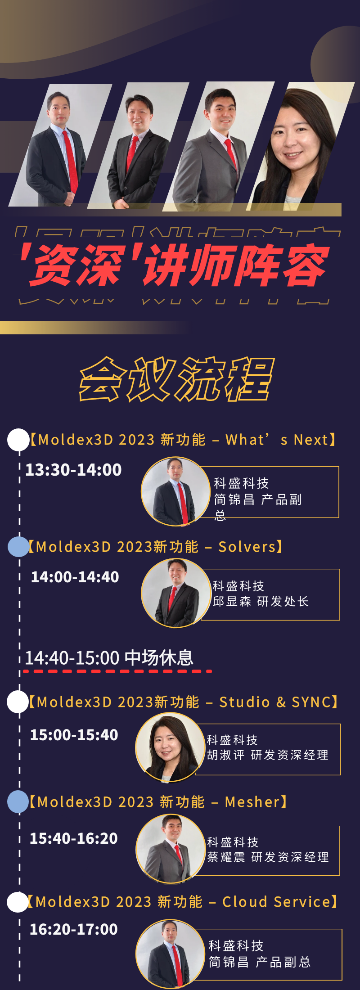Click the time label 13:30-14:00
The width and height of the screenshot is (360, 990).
coord(73,470)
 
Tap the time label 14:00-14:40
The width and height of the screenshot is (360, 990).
coord(75,577)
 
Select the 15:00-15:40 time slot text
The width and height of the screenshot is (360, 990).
coord(74,735)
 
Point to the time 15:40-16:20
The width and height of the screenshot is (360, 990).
coord(73,838)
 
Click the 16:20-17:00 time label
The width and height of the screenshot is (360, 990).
coord(73,929)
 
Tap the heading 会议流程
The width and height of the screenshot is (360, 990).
coord(177,379)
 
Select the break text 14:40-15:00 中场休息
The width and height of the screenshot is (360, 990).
coord(109,658)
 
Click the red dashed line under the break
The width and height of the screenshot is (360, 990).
coord(117,671)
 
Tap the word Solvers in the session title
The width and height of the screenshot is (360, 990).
coord(247,547)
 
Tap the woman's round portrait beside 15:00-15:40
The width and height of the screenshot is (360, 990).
coord(170,747)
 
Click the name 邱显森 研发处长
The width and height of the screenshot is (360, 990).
coord(261,602)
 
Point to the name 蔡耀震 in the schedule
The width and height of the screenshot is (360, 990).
coord(226,857)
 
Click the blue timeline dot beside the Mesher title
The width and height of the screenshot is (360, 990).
coord(18,802)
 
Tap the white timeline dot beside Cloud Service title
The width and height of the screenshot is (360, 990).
coord(18,902)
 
